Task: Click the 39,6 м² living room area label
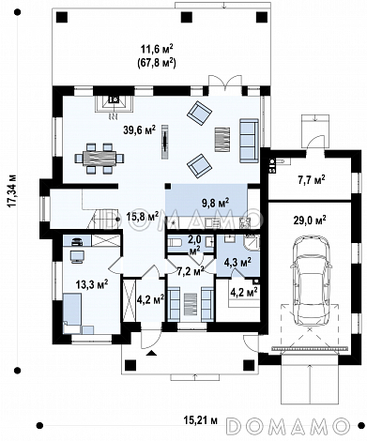click(139, 130)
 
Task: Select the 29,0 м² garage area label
click(310, 220)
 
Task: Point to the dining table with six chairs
click(99, 159)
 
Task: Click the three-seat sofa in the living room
click(249, 141)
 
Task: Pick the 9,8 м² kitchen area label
click(215, 204)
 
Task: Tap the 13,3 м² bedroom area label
click(92, 285)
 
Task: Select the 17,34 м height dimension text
click(12, 190)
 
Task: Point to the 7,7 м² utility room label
click(310, 180)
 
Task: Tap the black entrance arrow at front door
click(152, 354)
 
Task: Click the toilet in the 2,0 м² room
click(174, 243)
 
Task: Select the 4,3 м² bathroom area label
click(237, 262)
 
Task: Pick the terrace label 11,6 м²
click(157, 50)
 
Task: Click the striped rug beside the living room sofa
click(222, 140)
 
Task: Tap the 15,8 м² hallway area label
click(143, 217)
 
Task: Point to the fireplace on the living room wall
click(114, 103)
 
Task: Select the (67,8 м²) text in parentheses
click(157, 64)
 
